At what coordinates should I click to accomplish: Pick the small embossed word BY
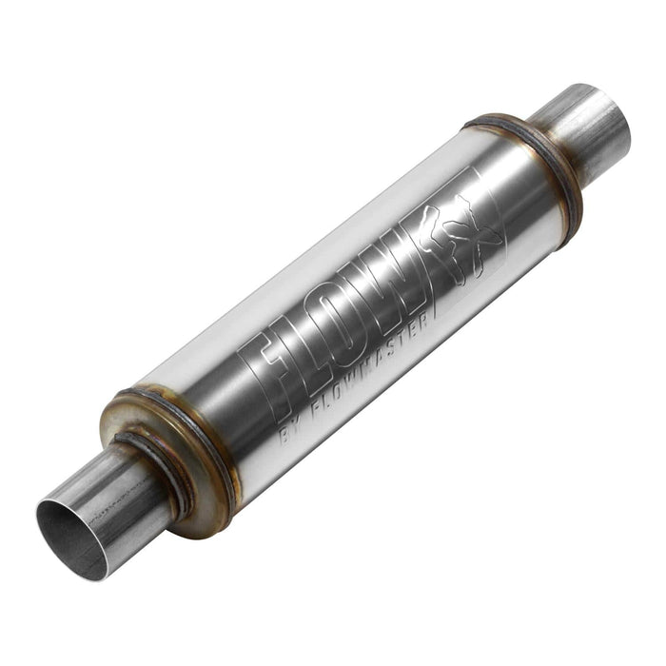290,434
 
